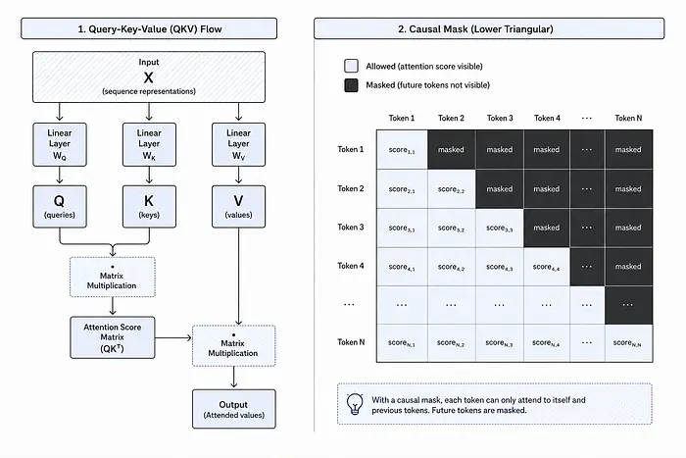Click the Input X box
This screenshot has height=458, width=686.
click(x=149, y=77)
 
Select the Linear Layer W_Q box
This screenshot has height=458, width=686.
click(x=60, y=144)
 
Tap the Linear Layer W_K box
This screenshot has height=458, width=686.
click(x=149, y=144)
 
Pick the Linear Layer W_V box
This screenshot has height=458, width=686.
click(x=238, y=144)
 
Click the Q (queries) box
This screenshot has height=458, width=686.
click(x=60, y=207)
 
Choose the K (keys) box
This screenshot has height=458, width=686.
click(x=149, y=207)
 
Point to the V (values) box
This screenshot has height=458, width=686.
click(x=238, y=207)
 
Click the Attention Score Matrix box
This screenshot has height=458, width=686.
click(x=113, y=337)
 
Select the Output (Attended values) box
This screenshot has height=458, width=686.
click(x=234, y=409)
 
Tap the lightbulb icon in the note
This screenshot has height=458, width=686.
click(x=355, y=404)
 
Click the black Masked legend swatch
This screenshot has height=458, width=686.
click(x=351, y=85)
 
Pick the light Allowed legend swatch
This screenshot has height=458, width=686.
click(x=351, y=66)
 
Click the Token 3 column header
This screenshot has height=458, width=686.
click(x=500, y=118)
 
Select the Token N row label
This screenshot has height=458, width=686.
click(x=351, y=342)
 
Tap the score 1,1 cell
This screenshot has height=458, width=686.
click(x=402, y=149)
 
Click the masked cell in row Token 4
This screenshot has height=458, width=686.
click(x=628, y=266)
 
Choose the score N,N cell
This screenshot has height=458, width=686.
click(x=628, y=343)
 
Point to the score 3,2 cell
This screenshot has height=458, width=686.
click(x=451, y=228)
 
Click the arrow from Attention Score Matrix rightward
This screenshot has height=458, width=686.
click(x=173, y=337)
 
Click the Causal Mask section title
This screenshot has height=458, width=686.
click(x=475, y=28)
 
